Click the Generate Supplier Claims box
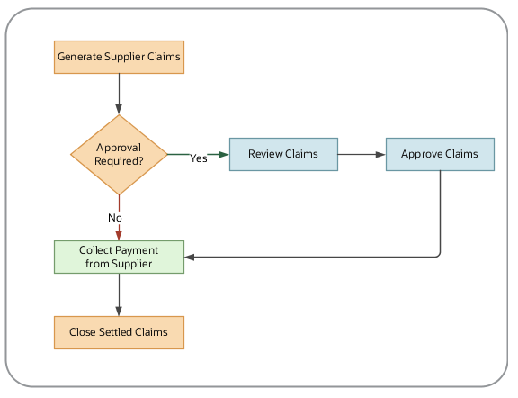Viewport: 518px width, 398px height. pyautogui.click(x=119, y=57)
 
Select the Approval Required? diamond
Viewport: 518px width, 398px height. pyautogui.click(x=119, y=154)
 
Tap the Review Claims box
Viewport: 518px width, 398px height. pyautogui.click(x=282, y=154)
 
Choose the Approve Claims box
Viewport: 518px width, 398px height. pyautogui.click(x=440, y=154)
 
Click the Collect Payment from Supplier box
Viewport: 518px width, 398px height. pyautogui.click(x=119, y=257)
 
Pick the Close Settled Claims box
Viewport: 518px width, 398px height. pyautogui.click(x=119, y=332)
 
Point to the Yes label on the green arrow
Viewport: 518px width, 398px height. pyautogui.click(x=199, y=158)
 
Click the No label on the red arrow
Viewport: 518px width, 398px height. pyautogui.click(x=115, y=218)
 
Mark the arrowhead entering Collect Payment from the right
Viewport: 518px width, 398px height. pyautogui.click(x=190, y=257)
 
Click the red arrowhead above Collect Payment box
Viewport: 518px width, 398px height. pyautogui.click(x=119, y=234)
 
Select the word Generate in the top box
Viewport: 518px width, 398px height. pyautogui.click(x=80, y=57)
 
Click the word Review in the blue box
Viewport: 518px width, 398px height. pyautogui.click(x=267, y=154)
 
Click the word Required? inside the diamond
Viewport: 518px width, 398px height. pyautogui.click(x=119, y=161)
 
